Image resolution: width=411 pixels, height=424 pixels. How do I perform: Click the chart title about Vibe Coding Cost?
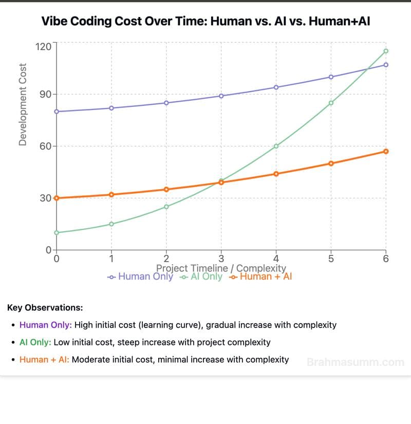click(x=206, y=22)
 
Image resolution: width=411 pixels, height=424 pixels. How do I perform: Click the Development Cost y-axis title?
click(x=23, y=104)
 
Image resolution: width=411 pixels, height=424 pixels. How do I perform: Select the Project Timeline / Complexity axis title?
click(x=221, y=268)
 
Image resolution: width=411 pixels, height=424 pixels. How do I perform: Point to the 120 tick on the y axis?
click(x=43, y=46)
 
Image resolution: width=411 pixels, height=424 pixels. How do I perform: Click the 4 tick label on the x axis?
click(x=276, y=259)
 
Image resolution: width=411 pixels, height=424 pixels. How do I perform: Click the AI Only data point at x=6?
click(x=386, y=51)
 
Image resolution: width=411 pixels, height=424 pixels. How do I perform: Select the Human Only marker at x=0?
click(x=57, y=112)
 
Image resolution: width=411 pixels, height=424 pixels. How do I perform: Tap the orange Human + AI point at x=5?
click(x=331, y=163)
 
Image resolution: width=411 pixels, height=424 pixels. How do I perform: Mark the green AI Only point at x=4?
click(x=276, y=146)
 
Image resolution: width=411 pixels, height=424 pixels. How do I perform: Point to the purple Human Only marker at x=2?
click(x=166, y=103)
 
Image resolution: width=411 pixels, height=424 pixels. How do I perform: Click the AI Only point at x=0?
click(x=57, y=232)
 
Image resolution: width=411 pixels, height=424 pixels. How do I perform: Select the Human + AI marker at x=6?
click(x=386, y=151)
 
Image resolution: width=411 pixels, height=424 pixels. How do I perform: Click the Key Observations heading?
click(x=45, y=308)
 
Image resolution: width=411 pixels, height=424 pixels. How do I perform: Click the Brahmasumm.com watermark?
click(x=355, y=362)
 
